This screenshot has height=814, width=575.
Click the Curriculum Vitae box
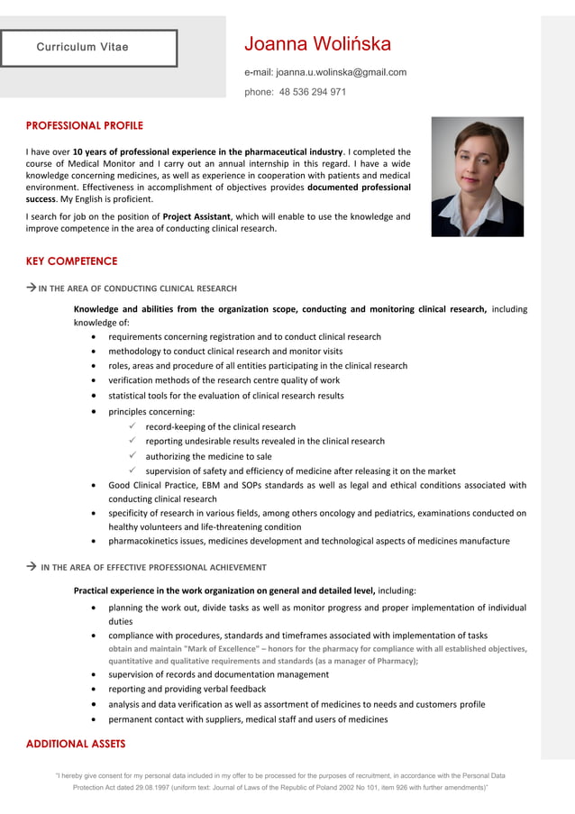point(88,48)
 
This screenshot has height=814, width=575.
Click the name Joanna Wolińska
point(317,44)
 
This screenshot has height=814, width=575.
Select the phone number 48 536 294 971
point(312,92)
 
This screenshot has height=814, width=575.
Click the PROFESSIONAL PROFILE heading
point(84,125)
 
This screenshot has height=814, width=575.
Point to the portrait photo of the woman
point(477,177)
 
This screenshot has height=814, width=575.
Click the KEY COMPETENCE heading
point(71,261)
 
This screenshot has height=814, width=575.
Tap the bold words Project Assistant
point(196,216)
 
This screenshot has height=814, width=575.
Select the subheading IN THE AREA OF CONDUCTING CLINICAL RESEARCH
point(137,288)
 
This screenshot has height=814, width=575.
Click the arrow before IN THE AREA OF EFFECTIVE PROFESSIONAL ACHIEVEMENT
point(31,567)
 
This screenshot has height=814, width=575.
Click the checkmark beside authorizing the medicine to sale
point(132,456)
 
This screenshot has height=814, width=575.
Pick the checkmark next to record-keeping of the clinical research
point(132,426)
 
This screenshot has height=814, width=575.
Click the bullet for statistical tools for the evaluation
point(96,396)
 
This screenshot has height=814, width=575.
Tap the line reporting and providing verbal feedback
point(187,690)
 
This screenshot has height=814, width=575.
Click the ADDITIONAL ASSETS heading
point(76,744)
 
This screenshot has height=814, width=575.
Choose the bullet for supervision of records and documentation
point(96,674)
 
